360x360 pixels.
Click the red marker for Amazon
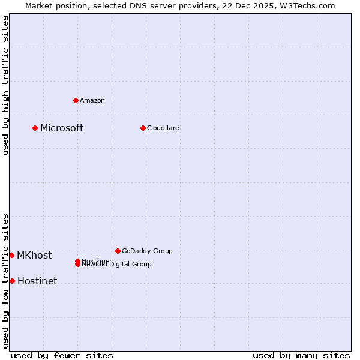coord(76,100)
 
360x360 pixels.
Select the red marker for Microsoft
coord(35,128)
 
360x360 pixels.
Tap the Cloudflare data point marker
coord(143,128)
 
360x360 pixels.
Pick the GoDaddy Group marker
coord(118,251)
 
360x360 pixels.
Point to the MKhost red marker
coord(11,255)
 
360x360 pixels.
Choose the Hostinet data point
coord(12,281)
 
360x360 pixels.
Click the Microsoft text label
coord(62,128)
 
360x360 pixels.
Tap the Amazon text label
coord(92,100)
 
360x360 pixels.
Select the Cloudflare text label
coord(163,128)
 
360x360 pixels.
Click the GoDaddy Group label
coord(147,251)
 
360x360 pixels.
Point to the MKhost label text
coord(34,255)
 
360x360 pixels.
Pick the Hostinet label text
coord(37,281)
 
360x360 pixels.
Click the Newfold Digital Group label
coord(118,265)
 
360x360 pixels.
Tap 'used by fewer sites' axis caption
coord(62,355)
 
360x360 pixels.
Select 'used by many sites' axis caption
coord(301,355)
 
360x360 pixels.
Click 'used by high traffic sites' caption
coord(5,85)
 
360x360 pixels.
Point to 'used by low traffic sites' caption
coord(5,281)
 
